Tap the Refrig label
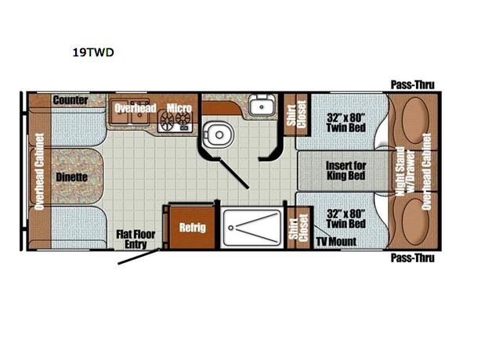[192, 227]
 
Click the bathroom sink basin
[260, 107]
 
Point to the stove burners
[175, 121]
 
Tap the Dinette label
[72, 177]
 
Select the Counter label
[70, 100]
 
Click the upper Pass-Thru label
[412, 85]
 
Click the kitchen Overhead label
[136, 107]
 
